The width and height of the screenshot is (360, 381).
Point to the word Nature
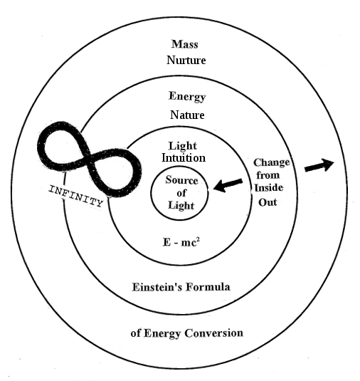[187, 114]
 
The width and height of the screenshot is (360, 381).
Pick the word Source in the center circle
[181, 180]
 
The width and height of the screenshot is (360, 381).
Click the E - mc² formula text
[181, 241]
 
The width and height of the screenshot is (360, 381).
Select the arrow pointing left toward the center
[228, 185]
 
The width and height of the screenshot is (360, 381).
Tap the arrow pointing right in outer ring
[318, 166]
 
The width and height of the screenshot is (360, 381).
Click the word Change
[272, 162]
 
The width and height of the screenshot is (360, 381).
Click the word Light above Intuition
[182, 145]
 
